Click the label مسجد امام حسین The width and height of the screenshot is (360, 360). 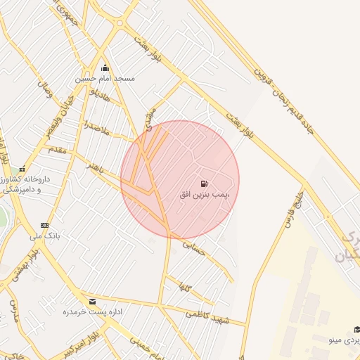click(105, 79)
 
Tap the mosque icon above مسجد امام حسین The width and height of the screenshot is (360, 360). click(105, 68)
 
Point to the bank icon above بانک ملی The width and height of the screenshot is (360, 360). click(45, 226)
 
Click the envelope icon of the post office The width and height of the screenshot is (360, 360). click(93, 301)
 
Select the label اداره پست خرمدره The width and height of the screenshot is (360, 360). click(88, 311)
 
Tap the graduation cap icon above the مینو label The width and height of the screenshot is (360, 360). click(356, 329)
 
